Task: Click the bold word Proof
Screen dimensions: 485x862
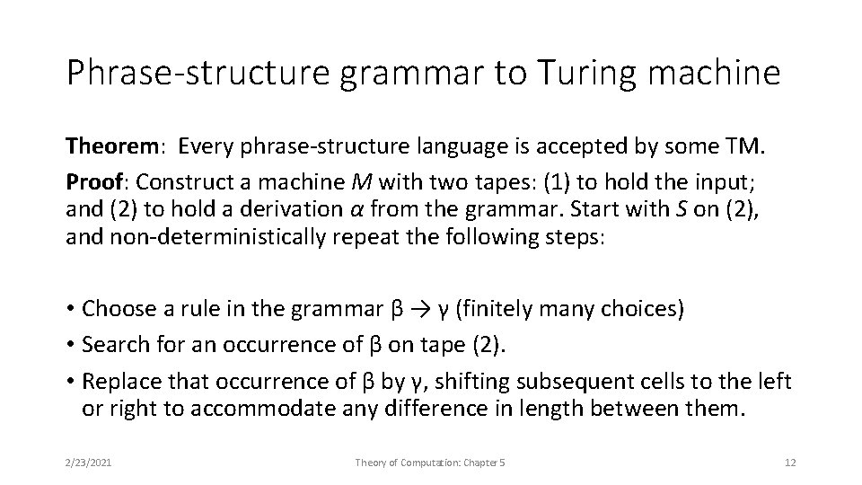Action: point(93,182)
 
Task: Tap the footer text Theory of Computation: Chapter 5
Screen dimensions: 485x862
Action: point(431,462)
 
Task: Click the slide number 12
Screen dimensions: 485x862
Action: point(790,462)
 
